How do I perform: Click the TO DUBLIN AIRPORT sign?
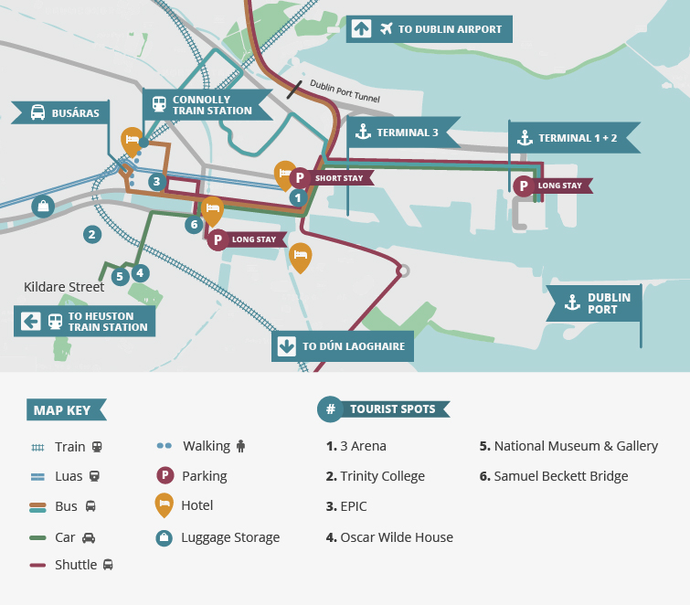430,29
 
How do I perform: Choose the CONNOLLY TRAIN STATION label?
207,105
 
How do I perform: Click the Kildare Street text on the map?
64,287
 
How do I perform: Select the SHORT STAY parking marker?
299,178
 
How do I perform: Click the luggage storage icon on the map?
41,207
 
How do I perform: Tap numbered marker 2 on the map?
90,234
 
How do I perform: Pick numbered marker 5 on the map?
119,276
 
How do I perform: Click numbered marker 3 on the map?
156,182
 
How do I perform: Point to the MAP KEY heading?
64,410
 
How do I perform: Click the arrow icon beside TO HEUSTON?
30,321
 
